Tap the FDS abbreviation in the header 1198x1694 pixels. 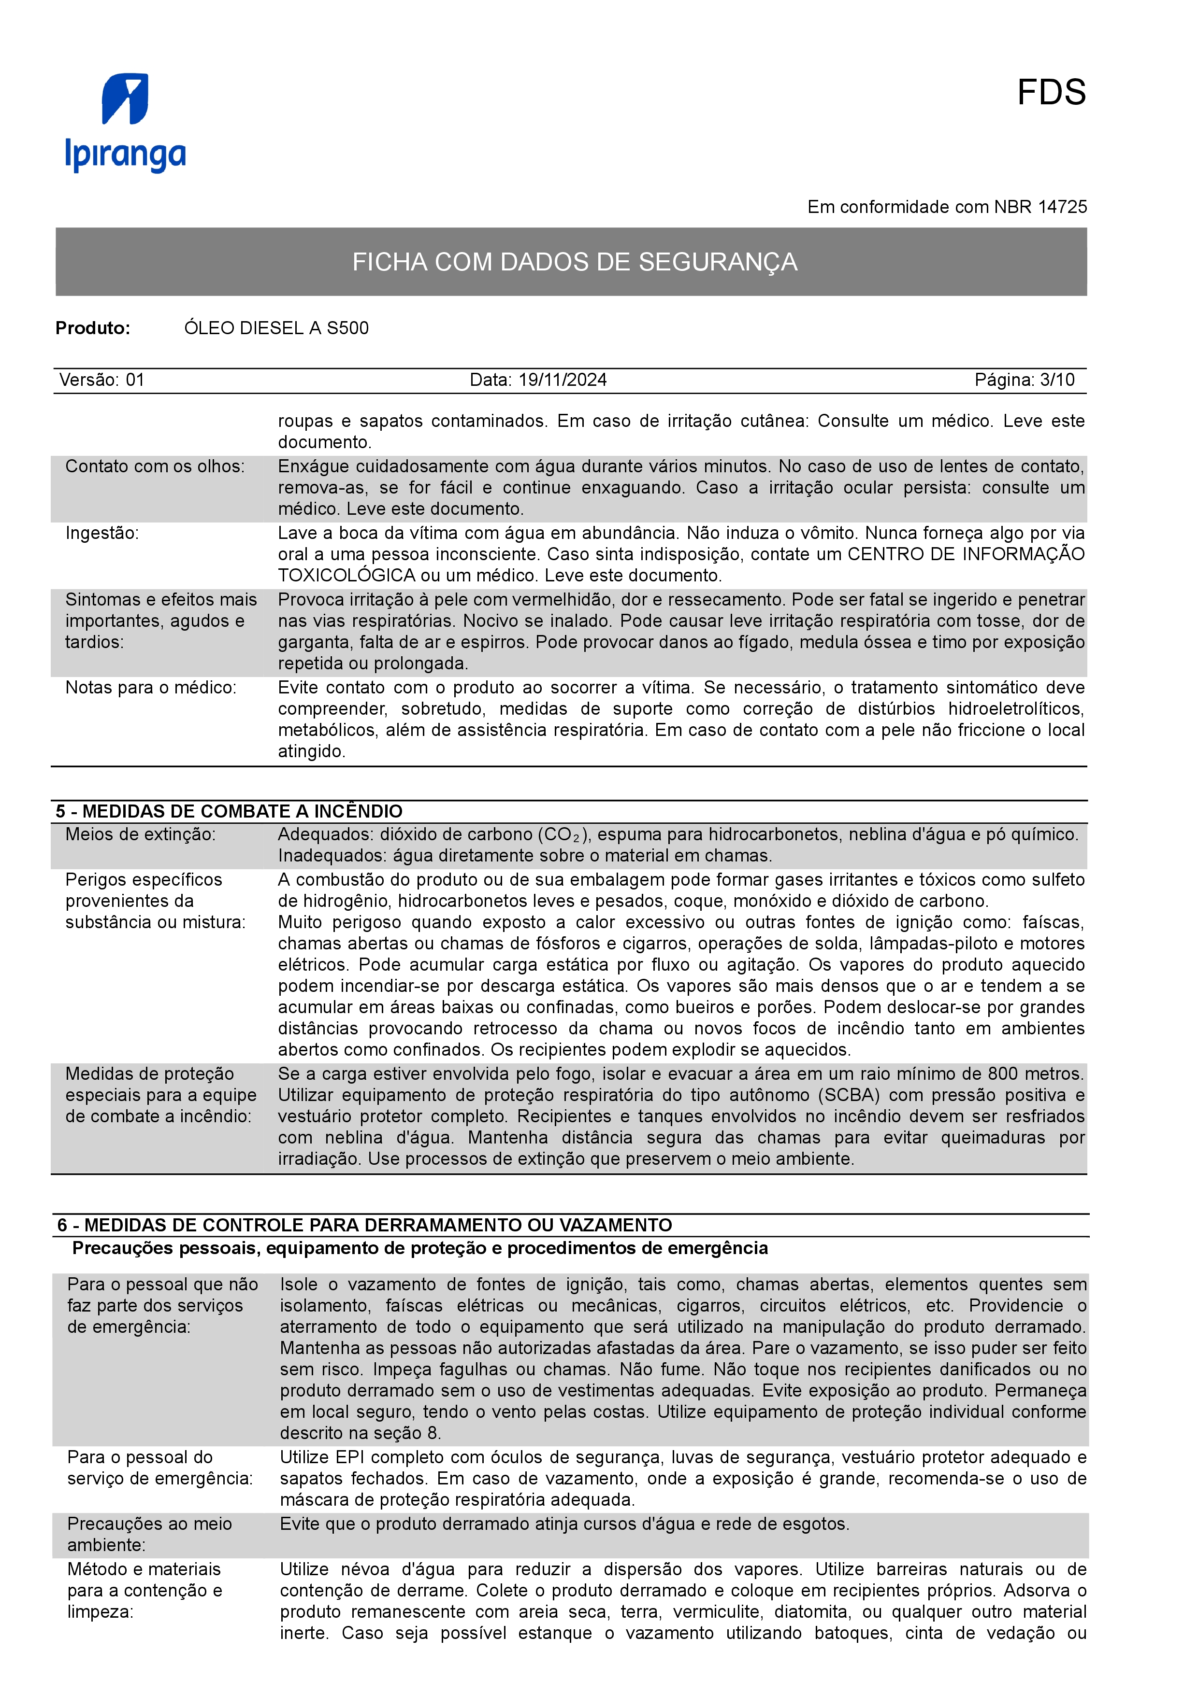coord(1051,93)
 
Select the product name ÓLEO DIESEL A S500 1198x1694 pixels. coord(276,328)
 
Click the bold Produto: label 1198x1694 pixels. coord(93,328)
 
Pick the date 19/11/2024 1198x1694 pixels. coord(563,380)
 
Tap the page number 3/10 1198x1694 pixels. coord(1056,380)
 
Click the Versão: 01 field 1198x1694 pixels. coord(102,380)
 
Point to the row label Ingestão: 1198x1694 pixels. coord(102,534)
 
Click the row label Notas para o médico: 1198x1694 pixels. coord(151,688)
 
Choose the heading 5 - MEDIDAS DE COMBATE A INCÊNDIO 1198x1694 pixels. coord(229,812)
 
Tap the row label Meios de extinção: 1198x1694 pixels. coord(140,834)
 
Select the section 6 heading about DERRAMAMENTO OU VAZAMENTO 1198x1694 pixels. coord(365,1226)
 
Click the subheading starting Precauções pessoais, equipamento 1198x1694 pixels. coord(420,1248)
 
